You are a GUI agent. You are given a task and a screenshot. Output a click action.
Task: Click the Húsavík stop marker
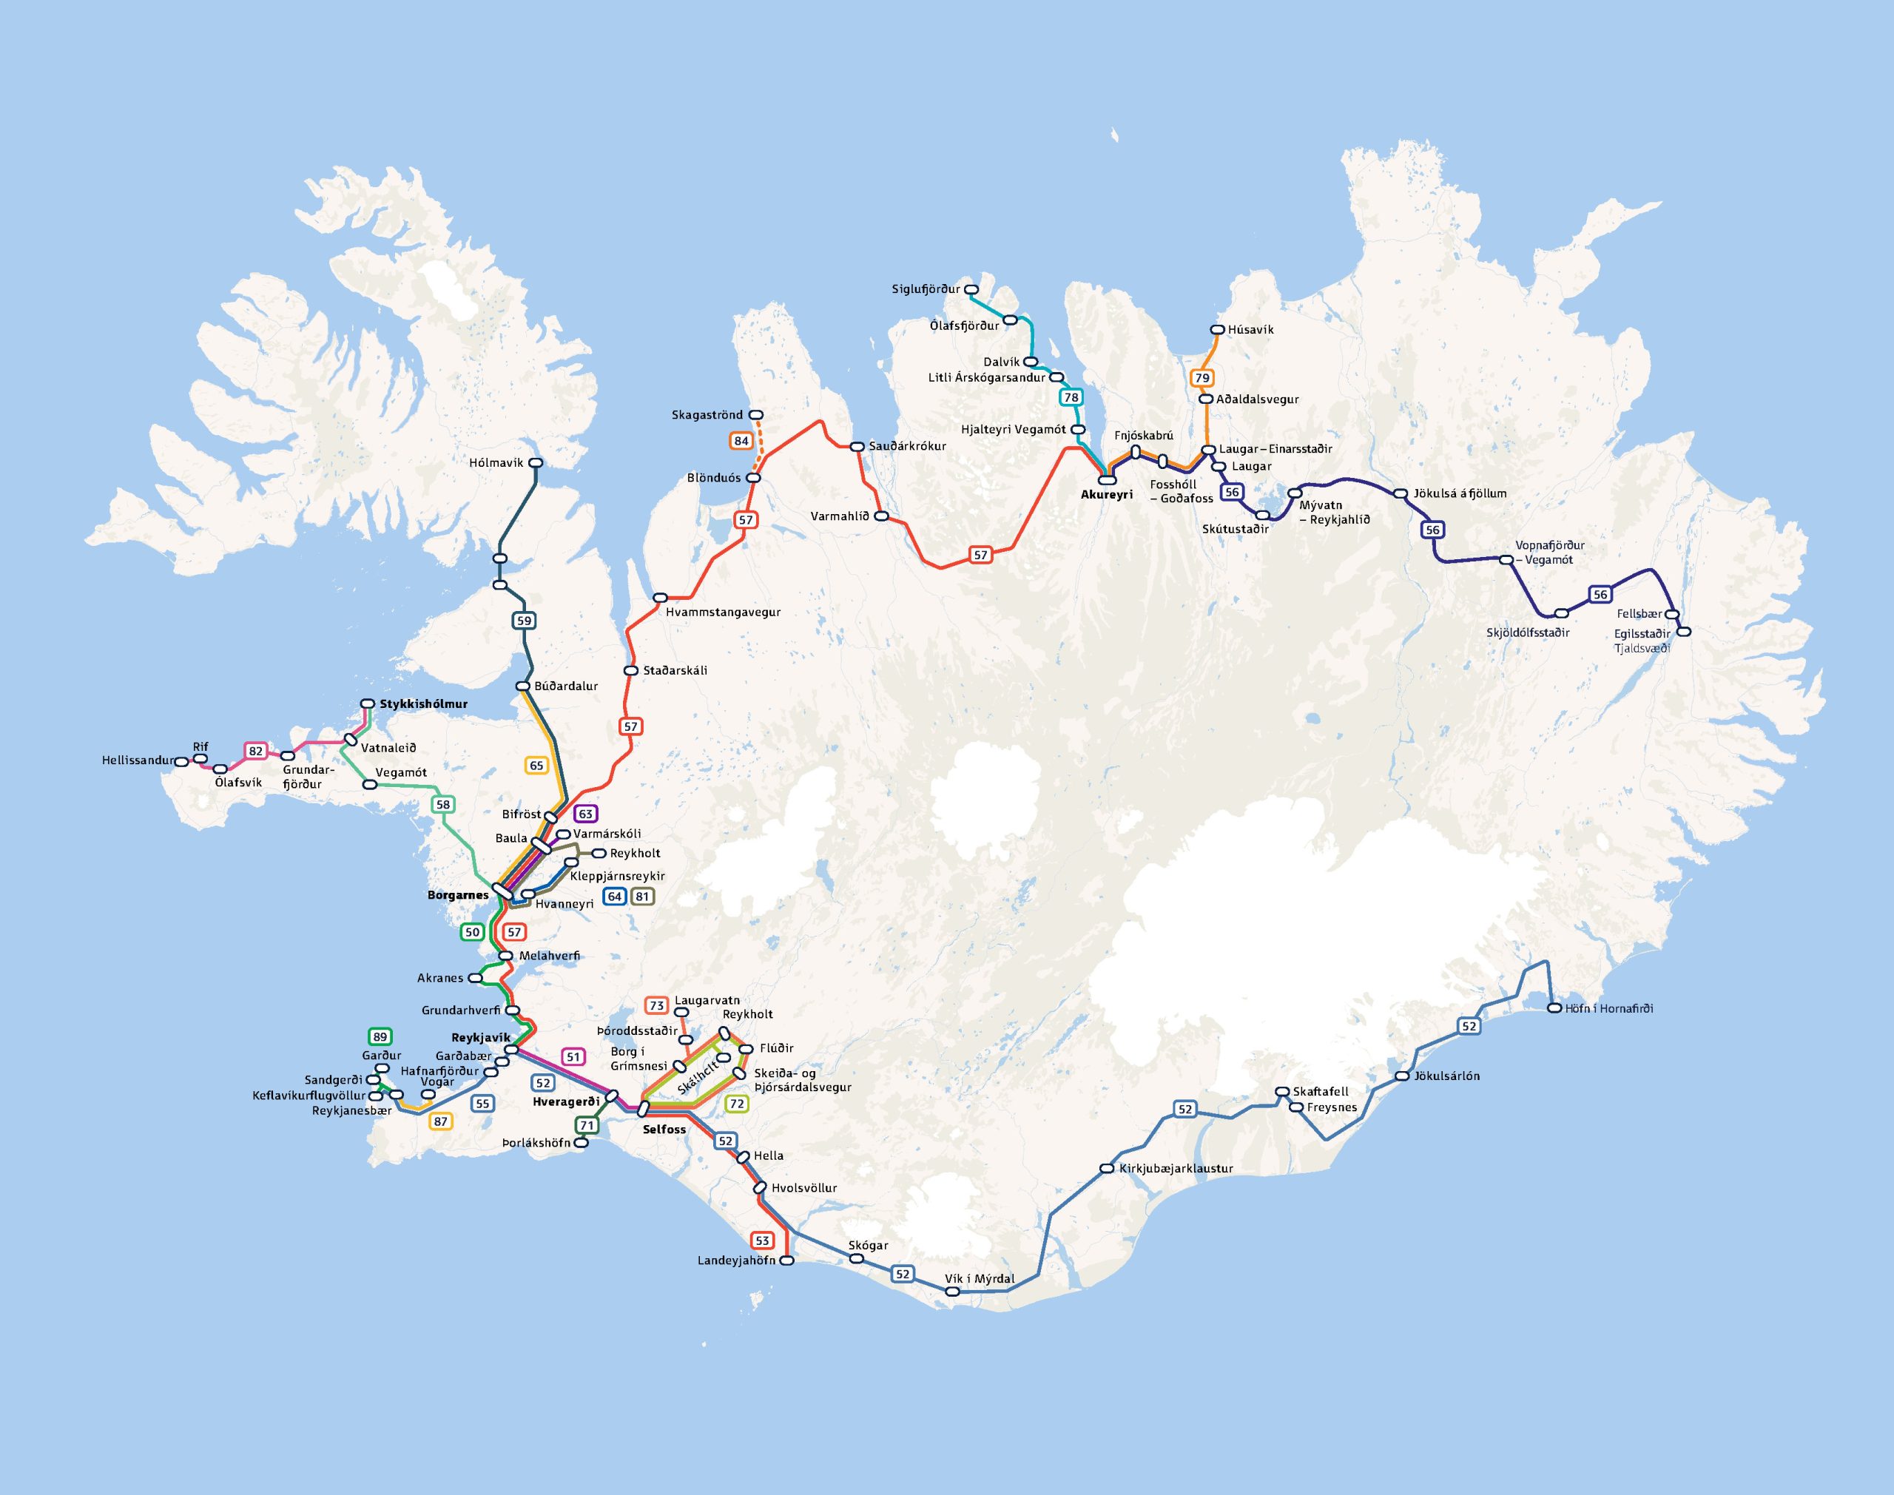pyautogui.click(x=1216, y=330)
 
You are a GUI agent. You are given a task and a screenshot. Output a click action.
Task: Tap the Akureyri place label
pyautogui.click(x=1106, y=495)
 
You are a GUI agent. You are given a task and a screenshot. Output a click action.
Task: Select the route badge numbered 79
pyautogui.click(x=1202, y=378)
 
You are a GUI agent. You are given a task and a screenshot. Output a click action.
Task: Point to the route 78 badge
pyautogui.click(x=1071, y=397)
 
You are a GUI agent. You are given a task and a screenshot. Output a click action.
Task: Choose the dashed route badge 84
pyautogui.click(x=741, y=440)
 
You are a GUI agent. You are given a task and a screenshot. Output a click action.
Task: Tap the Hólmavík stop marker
pyautogui.click(x=536, y=462)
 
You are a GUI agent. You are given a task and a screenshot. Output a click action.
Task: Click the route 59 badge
pyautogui.click(x=523, y=621)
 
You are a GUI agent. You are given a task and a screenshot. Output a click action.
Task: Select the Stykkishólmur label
pyautogui.click(x=424, y=703)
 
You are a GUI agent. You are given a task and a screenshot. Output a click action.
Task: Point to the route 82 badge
pyautogui.click(x=255, y=751)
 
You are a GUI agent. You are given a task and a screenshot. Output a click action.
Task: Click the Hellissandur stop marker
pyautogui.click(x=181, y=761)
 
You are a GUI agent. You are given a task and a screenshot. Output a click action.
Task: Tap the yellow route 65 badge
pyautogui.click(x=536, y=765)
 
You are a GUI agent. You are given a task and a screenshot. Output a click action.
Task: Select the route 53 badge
pyautogui.click(x=762, y=1241)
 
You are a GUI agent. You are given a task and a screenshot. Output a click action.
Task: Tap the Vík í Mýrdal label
pyautogui.click(x=980, y=1279)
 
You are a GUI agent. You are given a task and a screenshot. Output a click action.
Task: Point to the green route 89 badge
pyautogui.click(x=380, y=1037)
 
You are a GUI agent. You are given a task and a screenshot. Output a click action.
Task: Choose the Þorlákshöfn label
pyautogui.click(x=536, y=1143)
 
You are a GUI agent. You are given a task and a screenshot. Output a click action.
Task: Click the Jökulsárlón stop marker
pyautogui.click(x=1402, y=1076)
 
